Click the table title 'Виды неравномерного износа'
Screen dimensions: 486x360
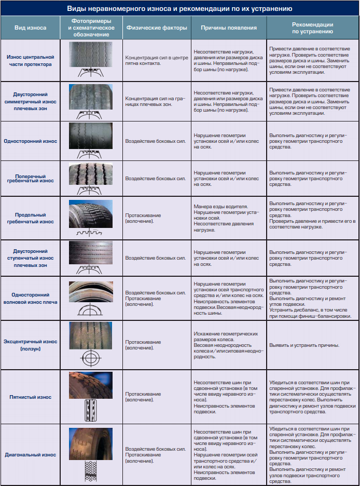(179, 9)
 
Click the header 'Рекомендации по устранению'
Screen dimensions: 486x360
(312, 28)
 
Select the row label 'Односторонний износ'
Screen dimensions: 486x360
(30, 141)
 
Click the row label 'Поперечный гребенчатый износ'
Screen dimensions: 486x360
(30, 178)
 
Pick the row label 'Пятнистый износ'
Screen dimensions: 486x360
(30, 397)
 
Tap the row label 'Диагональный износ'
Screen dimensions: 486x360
(30, 455)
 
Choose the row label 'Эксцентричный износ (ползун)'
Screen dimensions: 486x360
(30, 345)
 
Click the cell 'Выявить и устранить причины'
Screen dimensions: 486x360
(304, 345)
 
